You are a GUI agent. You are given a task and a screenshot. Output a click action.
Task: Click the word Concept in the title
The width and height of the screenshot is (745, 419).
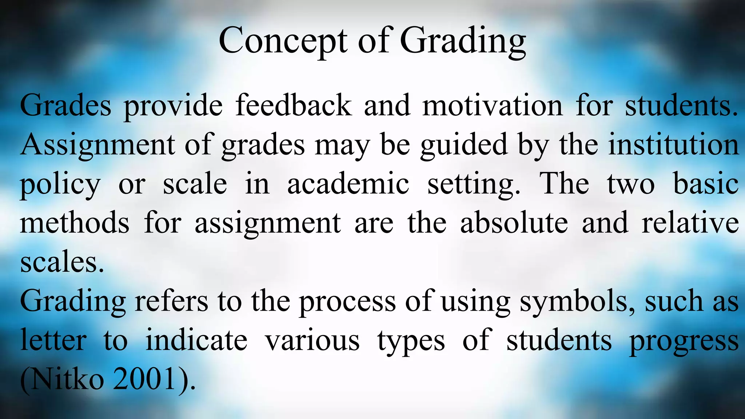coord(283,41)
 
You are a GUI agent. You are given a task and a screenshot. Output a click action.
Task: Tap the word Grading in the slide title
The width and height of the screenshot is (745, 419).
coord(463,41)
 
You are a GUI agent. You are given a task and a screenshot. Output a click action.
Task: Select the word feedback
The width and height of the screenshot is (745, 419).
coord(294,105)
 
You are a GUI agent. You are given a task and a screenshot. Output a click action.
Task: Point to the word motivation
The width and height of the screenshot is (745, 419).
coord(493,105)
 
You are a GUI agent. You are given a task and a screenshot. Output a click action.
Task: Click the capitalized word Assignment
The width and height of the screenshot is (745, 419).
coord(97,145)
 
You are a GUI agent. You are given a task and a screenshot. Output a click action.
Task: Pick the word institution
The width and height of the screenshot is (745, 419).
coord(674,145)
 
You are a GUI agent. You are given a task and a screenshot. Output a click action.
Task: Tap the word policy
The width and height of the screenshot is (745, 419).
coord(60,185)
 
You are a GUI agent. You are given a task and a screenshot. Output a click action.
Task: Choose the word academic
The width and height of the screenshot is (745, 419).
coord(348,184)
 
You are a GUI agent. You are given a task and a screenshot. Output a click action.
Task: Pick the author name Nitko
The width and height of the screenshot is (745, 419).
coord(67,380)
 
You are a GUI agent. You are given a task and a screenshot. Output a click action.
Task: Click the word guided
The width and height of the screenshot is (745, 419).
coord(464,145)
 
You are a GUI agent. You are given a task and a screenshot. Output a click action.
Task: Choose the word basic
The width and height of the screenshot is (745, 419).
coord(706,184)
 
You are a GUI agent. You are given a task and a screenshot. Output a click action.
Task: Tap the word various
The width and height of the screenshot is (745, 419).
coord(312,341)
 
